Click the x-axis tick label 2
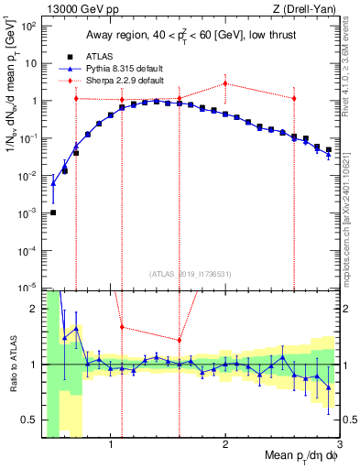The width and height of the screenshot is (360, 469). pos(225,446)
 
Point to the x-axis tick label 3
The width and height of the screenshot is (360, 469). pos(340,446)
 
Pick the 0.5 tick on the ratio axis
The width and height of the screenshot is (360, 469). pos(30,420)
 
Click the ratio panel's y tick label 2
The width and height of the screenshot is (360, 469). pos(34,309)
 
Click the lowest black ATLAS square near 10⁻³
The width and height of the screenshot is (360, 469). pos(53,213)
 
